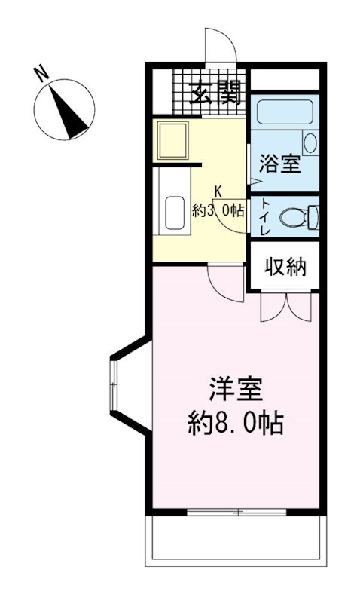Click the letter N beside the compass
point(41,74)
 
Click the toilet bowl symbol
point(294,217)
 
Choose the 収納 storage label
point(285,266)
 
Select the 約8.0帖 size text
point(235,424)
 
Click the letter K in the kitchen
point(218,191)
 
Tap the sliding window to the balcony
point(236,513)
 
